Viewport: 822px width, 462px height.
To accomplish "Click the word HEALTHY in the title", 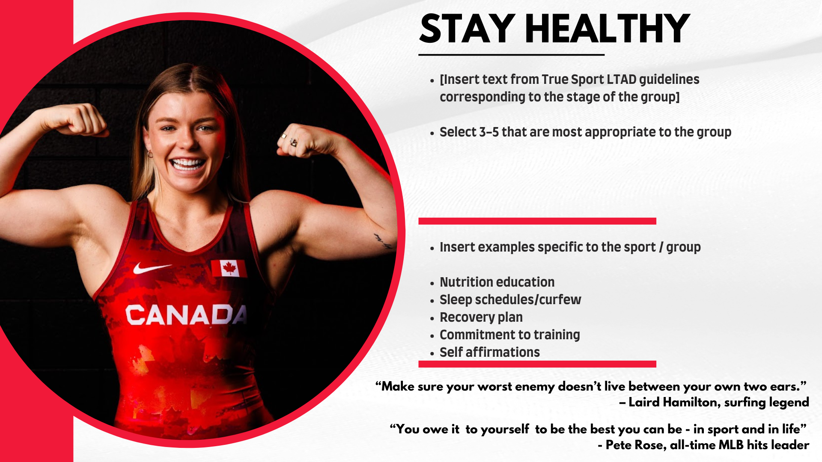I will point(607,29).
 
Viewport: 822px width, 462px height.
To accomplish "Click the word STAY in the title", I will point(468,29).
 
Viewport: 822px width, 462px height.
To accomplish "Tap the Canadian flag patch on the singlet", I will point(229,269).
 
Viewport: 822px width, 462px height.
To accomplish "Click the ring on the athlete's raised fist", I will point(294,142).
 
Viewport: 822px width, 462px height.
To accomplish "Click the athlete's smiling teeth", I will point(187,164).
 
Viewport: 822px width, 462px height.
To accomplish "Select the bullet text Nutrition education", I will point(497,282).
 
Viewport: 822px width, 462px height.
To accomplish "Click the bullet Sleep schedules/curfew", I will point(510,300).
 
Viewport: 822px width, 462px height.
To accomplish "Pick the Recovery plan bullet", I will point(481,317).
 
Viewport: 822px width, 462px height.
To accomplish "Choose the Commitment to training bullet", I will point(509,335).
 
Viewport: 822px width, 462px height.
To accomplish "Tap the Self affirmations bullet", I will point(489,352).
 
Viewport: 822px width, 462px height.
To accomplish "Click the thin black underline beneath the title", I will point(511,55).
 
